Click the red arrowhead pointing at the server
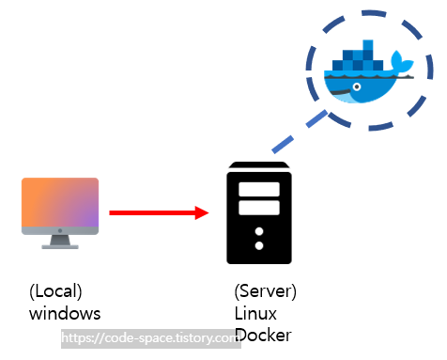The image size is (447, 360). click(202, 212)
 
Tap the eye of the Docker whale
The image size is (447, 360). click(357, 86)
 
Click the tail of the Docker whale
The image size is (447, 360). click(402, 61)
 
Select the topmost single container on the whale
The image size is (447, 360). click(368, 45)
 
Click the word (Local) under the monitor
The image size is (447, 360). click(55, 291)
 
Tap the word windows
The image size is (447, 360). click(65, 313)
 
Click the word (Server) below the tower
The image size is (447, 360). click(265, 291)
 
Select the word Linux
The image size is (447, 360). click(255, 313)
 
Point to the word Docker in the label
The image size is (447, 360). click(263, 335)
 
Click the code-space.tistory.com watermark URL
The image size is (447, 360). click(151, 338)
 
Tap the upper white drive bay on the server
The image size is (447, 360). click(259, 189)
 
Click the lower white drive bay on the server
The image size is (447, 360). click(259, 208)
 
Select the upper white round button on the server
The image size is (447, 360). click(259, 231)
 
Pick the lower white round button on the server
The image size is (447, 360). click(259, 245)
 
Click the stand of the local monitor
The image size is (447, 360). click(60, 242)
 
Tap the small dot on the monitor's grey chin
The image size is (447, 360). click(60, 230)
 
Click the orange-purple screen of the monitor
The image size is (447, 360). click(60, 202)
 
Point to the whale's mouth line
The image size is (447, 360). click(341, 92)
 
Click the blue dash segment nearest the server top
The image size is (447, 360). click(283, 145)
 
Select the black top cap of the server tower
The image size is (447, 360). click(259, 165)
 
